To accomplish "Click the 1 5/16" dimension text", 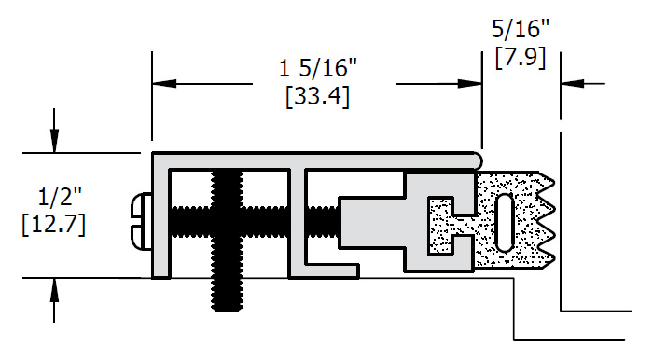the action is coord(318,67).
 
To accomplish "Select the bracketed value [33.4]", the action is coord(318,97).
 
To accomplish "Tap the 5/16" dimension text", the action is coord(521,29).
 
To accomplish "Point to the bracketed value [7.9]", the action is coord(521,58).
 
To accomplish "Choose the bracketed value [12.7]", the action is coord(54,225).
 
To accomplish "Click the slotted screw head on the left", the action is coord(141,221).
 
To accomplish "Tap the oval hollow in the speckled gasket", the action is coord(506,223).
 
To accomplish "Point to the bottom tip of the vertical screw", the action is coord(227,310).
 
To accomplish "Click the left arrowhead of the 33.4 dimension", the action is coord(164,84).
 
